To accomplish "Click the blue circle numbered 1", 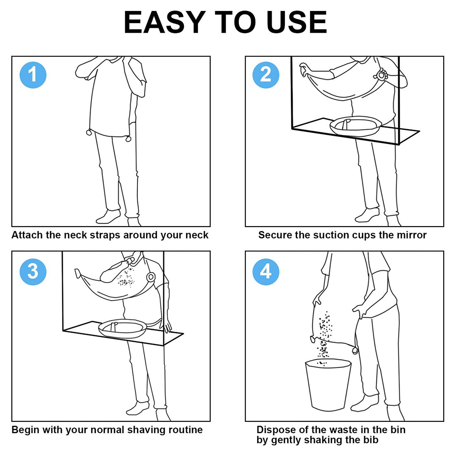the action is click(33, 75).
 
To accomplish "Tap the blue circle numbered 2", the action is click(266, 75).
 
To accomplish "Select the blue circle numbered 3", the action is click(33, 272).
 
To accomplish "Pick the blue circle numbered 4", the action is click(266, 272).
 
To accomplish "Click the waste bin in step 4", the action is click(328, 385).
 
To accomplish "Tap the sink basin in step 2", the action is click(355, 126).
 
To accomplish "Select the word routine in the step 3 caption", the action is click(186, 430).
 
